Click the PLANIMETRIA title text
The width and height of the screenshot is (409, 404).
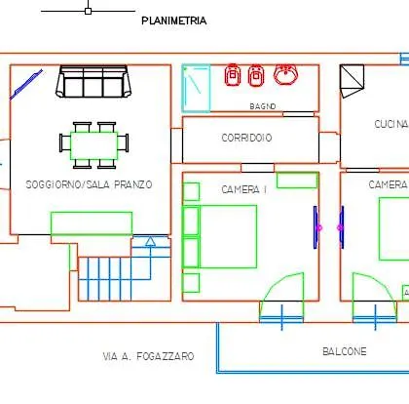tap(174, 20)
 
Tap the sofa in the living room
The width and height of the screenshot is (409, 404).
tap(93, 81)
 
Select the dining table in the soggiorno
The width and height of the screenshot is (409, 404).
tap(93, 145)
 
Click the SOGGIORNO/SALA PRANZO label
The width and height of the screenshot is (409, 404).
tap(89, 184)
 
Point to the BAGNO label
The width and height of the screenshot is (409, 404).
tap(263, 106)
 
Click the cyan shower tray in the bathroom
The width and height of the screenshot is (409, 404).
tap(196, 89)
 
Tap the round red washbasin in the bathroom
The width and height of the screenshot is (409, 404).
tap(285, 74)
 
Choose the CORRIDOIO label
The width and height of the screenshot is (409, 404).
tap(246, 138)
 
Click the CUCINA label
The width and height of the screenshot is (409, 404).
tap(391, 124)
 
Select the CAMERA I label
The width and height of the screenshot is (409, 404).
tap(244, 189)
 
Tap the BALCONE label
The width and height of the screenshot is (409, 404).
tap(345, 351)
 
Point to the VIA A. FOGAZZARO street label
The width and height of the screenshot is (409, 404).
tap(148, 356)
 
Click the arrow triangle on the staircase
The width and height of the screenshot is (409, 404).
tap(150, 241)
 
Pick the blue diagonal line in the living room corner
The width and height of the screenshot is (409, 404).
tap(26, 84)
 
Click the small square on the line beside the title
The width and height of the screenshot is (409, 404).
tap(88, 11)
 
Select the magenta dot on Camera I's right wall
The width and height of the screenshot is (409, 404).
tap(318, 227)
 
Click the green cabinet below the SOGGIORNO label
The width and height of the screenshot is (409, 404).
tap(92, 223)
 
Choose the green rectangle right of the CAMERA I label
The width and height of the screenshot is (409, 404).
tap(297, 181)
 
